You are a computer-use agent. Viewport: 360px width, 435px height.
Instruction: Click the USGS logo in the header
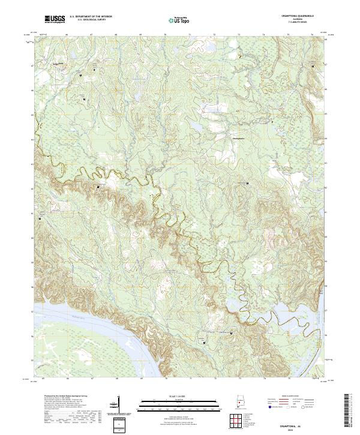point(55,20)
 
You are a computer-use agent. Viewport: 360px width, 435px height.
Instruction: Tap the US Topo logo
point(178,20)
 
